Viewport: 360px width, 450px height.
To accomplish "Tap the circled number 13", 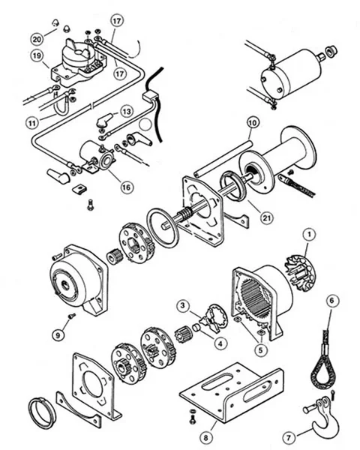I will [127, 110].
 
